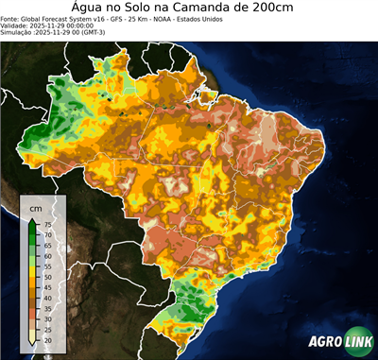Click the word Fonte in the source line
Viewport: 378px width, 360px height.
point(11,18)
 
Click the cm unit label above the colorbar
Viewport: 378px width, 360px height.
point(36,207)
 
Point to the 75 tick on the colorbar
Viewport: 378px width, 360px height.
point(47,225)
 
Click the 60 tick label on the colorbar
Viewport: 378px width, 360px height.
point(47,256)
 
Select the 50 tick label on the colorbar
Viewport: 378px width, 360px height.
point(47,277)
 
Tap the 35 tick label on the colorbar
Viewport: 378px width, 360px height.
point(47,308)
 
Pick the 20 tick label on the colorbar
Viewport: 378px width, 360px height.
point(47,339)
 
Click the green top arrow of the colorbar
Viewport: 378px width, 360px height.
point(34,221)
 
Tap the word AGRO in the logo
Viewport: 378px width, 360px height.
point(324,343)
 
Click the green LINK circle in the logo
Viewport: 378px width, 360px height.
point(357,342)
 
